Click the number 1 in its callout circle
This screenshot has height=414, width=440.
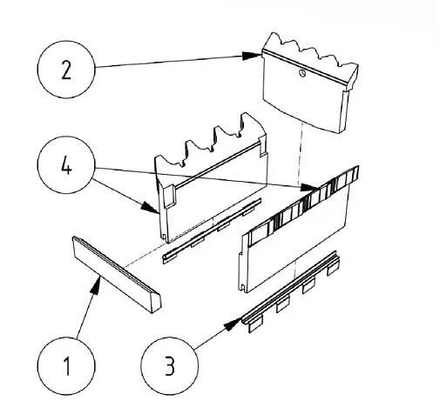point(66,366)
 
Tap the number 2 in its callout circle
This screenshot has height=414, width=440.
point(66,70)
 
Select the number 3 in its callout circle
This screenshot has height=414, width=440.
point(170,366)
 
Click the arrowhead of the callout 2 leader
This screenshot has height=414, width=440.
point(252,56)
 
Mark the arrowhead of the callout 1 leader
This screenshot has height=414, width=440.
point(96,284)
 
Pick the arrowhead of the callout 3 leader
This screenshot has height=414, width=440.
point(234,324)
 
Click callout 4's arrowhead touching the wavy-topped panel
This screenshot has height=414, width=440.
point(151,207)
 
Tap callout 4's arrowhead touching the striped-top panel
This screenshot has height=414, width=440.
point(309,188)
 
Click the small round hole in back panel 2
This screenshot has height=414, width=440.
point(302,73)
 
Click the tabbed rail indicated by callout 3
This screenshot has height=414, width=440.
point(290,291)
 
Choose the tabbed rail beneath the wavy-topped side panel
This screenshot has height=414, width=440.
point(212,230)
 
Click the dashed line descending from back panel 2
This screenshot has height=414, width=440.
point(299,155)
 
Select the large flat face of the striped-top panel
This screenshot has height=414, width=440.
point(296,244)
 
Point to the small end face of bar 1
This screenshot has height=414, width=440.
point(157,304)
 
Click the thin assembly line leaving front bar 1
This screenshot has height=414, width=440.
point(144,255)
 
